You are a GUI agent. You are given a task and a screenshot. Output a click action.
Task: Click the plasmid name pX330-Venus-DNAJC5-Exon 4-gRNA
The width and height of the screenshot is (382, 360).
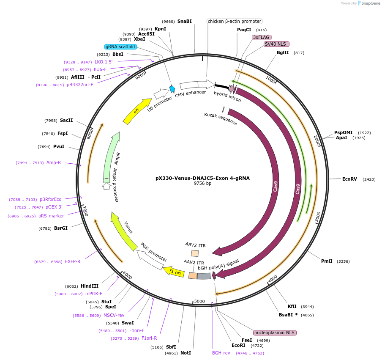click(202, 178)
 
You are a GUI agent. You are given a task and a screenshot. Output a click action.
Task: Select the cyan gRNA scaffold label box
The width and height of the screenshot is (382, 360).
click(120, 47)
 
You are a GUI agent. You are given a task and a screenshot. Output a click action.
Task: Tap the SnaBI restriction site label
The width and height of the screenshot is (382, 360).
click(184, 21)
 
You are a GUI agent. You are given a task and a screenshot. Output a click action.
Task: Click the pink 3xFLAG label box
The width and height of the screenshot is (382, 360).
click(261, 37)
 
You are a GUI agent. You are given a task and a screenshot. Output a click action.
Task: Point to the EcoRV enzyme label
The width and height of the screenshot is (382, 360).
click(349, 179)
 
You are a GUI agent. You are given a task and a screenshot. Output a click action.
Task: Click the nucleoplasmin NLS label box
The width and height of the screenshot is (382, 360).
click(275, 333)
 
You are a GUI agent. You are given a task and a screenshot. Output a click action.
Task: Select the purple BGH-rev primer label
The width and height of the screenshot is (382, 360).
click(221, 352)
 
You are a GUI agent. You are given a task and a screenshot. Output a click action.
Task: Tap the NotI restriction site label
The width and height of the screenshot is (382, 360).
click(186, 353)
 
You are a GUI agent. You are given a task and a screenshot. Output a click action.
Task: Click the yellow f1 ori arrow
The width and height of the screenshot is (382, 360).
click(174, 272)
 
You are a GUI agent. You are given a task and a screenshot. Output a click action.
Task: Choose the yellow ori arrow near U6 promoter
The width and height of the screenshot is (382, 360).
click(137, 111)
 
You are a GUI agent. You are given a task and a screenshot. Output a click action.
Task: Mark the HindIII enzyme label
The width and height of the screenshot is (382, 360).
click(90, 286)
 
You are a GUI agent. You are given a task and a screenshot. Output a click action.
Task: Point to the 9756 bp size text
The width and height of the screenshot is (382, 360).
click(202, 184)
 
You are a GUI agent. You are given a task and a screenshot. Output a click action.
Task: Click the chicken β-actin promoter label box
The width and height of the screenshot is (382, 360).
click(235, 21)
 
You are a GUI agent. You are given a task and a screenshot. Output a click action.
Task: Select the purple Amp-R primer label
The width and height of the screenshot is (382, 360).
click(54, 162)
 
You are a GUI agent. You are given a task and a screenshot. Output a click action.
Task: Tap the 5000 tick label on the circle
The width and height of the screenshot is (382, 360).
click(199, 301)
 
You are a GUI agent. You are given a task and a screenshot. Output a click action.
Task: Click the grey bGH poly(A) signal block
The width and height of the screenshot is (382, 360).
click(204, 276)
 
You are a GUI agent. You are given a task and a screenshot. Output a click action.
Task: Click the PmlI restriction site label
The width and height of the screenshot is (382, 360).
click(327, 261)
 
